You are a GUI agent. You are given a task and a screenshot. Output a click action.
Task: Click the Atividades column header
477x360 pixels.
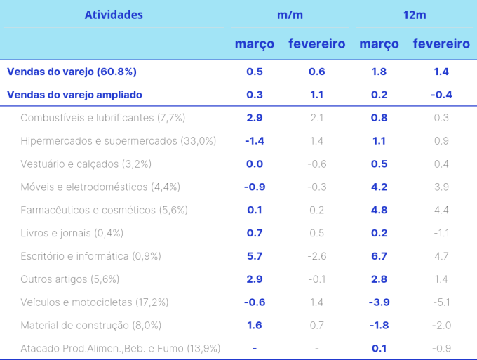click(114, 15)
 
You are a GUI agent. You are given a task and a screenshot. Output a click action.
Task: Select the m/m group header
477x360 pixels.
click(290, 15)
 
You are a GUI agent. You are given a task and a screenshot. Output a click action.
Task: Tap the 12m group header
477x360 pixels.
click(415, 15)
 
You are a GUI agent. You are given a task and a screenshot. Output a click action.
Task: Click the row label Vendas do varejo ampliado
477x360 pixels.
click(74, 95)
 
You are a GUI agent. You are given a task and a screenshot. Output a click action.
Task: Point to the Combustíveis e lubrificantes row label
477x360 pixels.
click(103, 118)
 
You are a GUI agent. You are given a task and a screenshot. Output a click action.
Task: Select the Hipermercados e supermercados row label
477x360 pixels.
click(119, 141)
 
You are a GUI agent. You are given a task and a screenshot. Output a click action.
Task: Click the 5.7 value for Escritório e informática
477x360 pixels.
click(255, 256)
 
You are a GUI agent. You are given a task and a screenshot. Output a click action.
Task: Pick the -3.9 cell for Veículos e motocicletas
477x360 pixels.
click(379, 302)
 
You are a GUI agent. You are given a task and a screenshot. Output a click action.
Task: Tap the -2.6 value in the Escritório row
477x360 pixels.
click(316, 256)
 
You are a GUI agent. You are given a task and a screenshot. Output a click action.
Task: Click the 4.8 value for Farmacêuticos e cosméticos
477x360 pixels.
click(379, 210)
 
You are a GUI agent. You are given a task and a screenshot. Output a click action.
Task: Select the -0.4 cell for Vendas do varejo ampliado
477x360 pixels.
click(441, 95)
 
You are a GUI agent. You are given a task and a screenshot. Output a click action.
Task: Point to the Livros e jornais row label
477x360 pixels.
click(72, 233)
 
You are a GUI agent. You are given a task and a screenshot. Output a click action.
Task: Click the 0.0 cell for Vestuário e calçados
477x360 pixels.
click(255, 164)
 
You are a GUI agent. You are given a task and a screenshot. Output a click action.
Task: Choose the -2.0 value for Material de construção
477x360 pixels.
click(441, 326)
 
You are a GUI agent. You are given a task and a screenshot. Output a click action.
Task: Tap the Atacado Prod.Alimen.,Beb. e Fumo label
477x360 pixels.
click(121, 349)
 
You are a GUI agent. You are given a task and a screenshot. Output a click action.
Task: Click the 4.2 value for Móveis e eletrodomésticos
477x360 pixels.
click(379, 187)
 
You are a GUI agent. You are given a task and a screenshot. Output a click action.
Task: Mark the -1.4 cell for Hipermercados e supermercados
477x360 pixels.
click(255, 141)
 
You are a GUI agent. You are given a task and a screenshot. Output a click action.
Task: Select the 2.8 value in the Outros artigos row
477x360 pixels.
click(379, 279)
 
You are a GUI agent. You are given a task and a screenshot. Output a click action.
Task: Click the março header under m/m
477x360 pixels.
click(255, 44)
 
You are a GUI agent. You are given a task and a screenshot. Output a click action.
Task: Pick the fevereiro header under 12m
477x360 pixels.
click(441, 44)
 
